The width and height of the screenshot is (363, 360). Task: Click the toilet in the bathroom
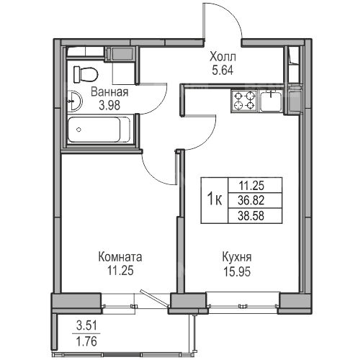[86, 74]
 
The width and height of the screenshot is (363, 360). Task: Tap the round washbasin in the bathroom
[74, 102]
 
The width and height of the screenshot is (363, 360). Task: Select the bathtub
[99, 130]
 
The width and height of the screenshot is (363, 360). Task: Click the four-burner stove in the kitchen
[244, 102]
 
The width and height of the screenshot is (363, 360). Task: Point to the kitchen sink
[272, 102]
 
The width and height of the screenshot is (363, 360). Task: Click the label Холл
[223, 57]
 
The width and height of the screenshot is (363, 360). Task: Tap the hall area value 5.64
[223, 71]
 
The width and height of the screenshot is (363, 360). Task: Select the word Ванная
[109, 92]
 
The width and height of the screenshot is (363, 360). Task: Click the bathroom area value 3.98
[109, 105]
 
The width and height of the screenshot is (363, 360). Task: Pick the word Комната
[120, 257]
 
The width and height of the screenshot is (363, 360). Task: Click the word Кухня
[237, 257]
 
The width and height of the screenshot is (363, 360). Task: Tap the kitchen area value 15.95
[237, 271]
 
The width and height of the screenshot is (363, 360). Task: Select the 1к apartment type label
[215, 200]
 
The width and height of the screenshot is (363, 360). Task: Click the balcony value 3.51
[86, 326]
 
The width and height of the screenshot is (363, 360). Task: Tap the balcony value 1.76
[86, 341]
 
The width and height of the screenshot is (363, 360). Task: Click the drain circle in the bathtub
[79, 130]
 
